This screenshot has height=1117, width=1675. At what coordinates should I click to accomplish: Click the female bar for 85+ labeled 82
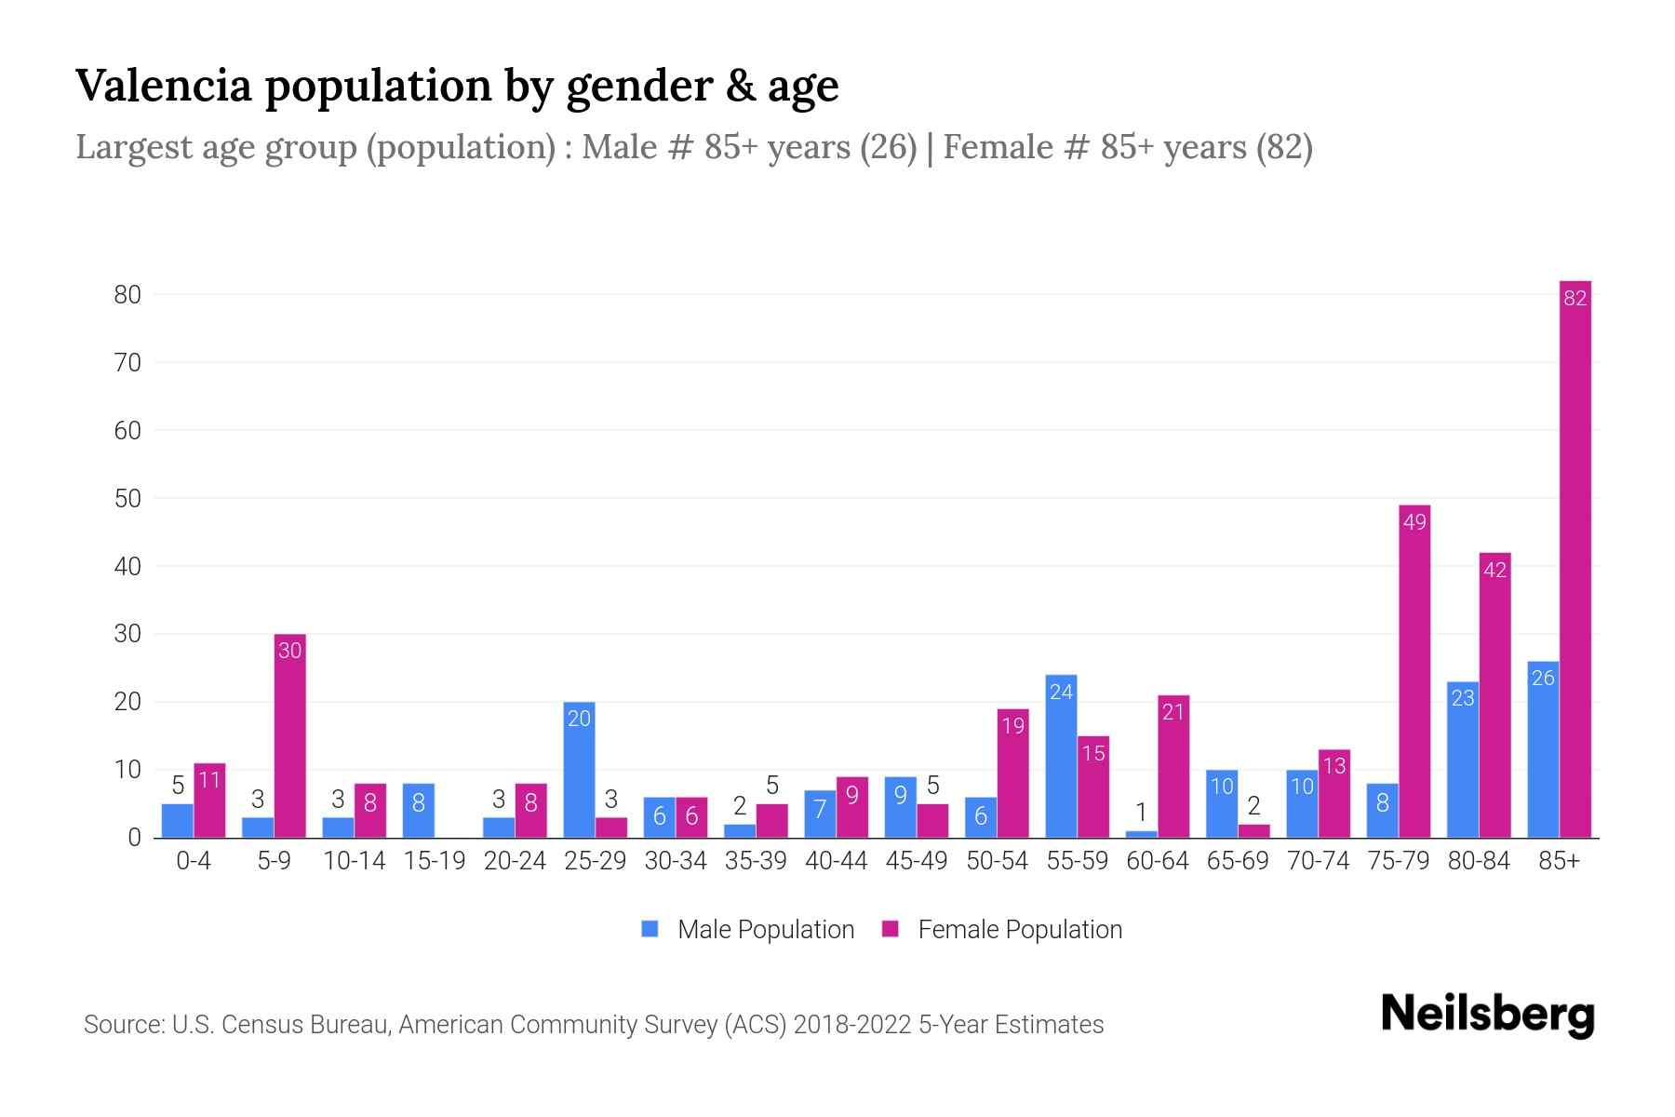click(1574, 558)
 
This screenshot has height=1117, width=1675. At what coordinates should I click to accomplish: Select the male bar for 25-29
click(579, 770)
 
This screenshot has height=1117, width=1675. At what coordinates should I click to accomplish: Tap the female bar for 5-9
click(289, 735)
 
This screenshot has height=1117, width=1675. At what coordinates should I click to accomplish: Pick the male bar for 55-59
click(1061, 756)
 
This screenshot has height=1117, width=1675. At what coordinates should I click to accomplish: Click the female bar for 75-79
click(1414, 671)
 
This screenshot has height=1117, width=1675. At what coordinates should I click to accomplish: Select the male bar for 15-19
click(418, 810)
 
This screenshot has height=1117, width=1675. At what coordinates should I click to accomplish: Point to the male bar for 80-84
click(1463, 760)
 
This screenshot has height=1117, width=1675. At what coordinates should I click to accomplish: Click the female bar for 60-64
click(1173, 766)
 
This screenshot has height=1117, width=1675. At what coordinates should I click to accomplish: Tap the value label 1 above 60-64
click(1141, 812)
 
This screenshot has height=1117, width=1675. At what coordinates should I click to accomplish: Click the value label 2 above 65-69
click(1253, 805)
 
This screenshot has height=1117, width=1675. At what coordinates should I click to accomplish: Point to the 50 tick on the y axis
click(127, 499)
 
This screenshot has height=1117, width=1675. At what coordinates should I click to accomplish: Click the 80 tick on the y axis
click(127, 295)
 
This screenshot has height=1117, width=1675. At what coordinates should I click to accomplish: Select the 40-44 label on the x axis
click(836, 861)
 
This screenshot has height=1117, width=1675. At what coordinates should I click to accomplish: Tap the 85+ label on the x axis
click(1559, 861)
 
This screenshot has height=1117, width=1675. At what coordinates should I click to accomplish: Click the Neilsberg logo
click(1487, 1015)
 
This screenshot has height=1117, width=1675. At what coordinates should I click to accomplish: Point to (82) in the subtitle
click(1284, 147)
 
